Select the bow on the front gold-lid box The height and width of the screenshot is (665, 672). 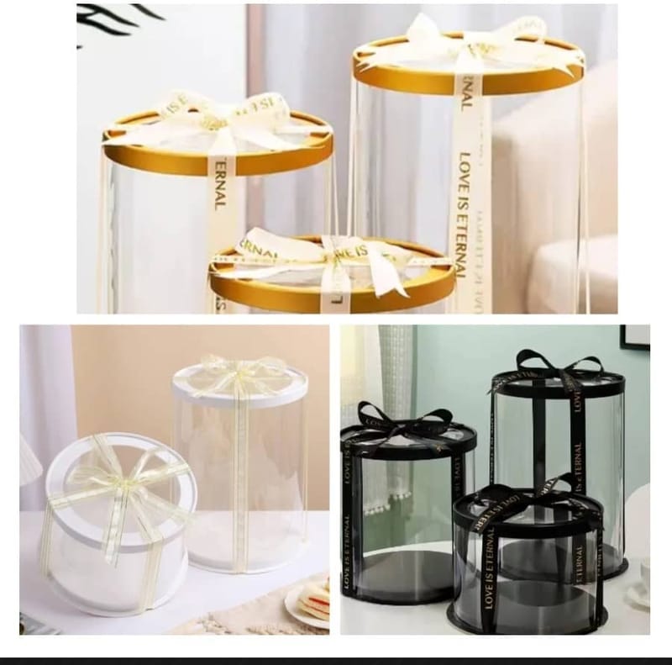pos(336,252)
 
